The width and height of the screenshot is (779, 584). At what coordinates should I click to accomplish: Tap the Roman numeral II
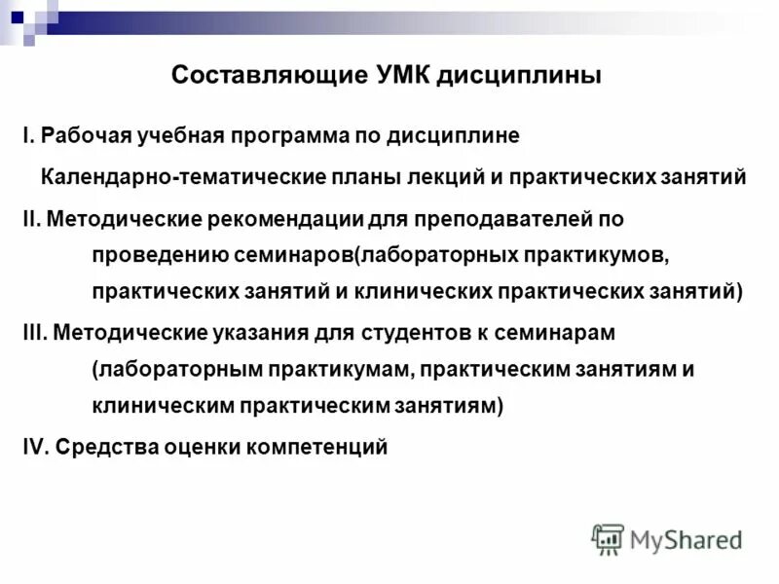pyautogui.click(x=29, y=220)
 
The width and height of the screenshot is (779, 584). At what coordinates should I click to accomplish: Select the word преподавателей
pyautogui.click(x=494, y=220)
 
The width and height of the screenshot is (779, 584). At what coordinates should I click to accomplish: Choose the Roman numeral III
pyautogui.click(x=33, y=332)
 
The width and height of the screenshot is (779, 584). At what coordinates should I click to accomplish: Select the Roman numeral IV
pyautogui.click(x=33, y=447)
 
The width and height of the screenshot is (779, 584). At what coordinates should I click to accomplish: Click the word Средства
pyautogui.click(x=102, y=447)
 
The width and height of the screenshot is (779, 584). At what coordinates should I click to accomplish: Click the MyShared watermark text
pyautogui.click(x=686, y=538)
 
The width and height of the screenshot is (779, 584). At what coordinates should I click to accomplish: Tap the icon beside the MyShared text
pyautogui.click(x=608, y=538)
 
